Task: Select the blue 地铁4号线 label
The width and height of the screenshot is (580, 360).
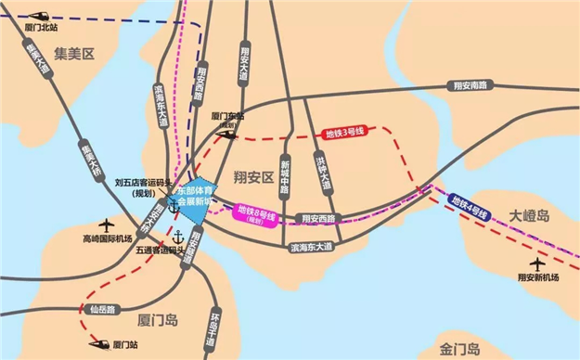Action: [469, 207]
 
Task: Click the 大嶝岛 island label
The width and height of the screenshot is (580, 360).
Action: [530, 215]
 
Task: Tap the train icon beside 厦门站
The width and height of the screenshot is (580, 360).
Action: [97, 344]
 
